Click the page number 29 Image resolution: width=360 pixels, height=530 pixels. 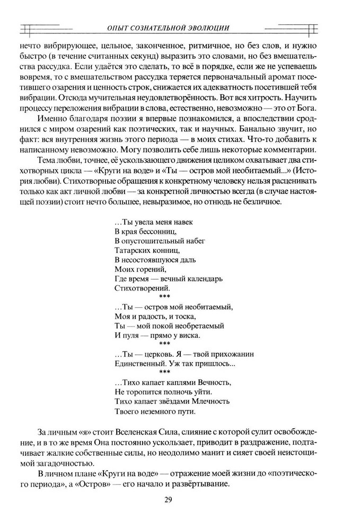click(180, 499)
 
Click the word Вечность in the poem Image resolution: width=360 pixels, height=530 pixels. click(211, 382)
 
